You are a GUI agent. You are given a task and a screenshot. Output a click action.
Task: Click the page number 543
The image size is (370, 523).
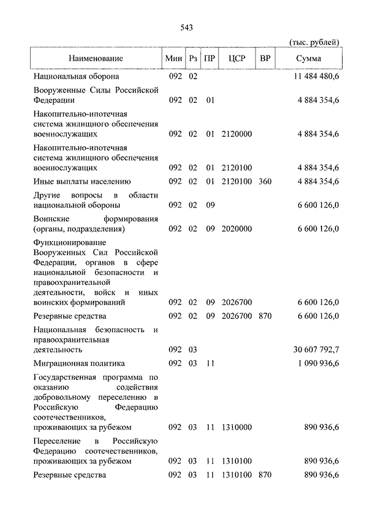click(186, 27)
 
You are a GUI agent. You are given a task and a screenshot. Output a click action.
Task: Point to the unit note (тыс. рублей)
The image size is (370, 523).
click(314, 42)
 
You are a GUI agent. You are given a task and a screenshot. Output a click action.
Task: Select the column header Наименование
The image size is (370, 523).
click(95, 58)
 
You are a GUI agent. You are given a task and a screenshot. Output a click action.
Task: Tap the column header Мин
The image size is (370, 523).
click(173, 58)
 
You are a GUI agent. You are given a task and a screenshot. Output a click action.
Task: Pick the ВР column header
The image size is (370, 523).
click(265, 58)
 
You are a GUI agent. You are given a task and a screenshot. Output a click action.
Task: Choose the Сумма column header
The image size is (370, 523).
click(309, 58)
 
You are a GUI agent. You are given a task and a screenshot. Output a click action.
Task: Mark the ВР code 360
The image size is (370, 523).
click(265, 181)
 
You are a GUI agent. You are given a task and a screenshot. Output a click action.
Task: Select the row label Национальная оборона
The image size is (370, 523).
click(76, 76)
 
